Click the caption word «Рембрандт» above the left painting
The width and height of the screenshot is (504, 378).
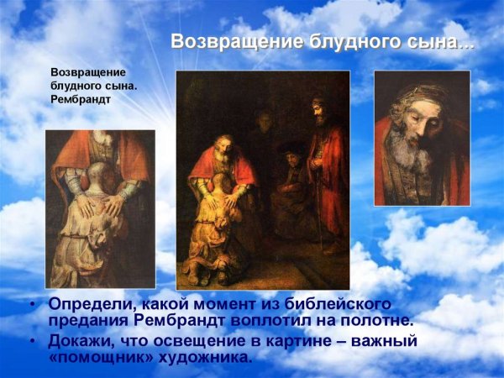coord(81,99)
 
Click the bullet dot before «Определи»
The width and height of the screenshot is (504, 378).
coord(32,305)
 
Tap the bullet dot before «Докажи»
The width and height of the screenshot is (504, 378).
coord(32,341)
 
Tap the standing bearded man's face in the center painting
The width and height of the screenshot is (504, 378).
coord(318,110)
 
